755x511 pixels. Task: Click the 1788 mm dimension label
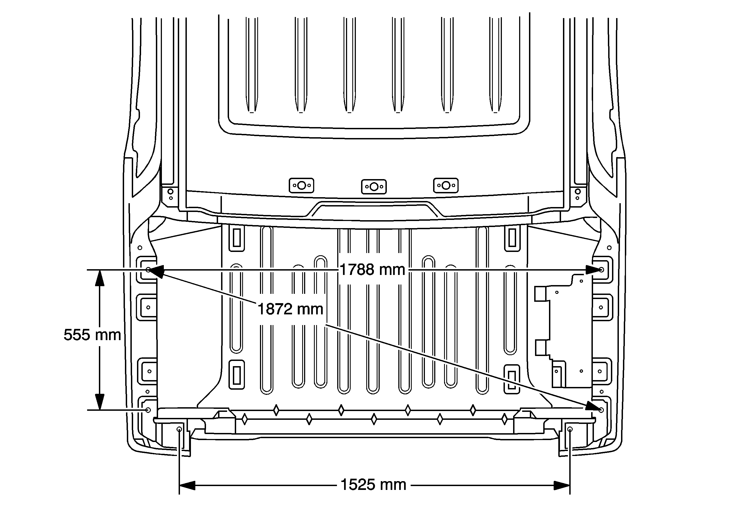[x=372, y=269]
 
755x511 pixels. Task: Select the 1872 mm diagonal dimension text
[x=290, y=309]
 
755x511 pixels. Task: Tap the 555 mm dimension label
[x=92, y=335]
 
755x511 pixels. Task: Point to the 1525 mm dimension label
[x=373, y=485]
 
